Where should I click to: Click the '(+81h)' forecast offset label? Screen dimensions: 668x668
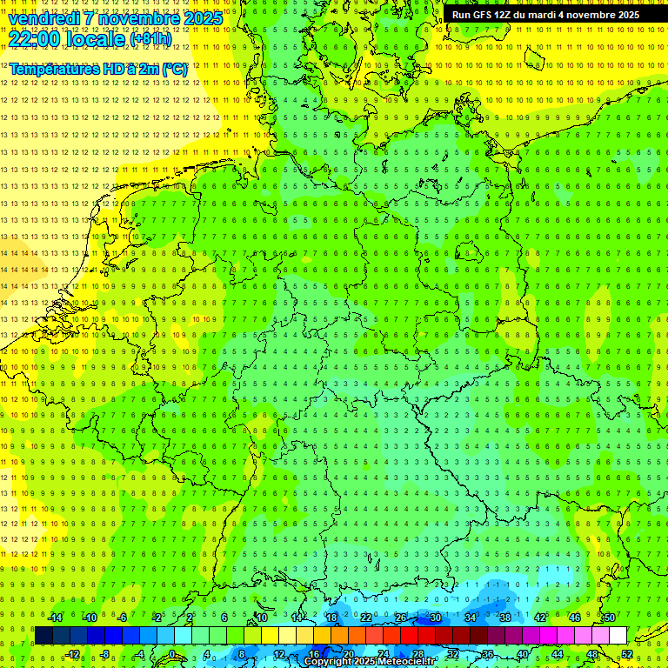click(x=150, y=39)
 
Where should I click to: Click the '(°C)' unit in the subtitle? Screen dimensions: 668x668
click(x=173, y=69)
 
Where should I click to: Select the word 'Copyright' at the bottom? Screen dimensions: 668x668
click(x=329, y=662)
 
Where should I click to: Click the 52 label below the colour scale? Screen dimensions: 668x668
click(x=627, y=654)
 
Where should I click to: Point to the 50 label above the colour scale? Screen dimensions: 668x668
click(x=610, y=618)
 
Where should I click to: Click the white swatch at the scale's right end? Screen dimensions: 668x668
click(x=618, y=636)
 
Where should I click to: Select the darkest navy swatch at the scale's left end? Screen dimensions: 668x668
click(x=44, y=636)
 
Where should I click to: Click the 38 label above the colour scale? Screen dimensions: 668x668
click(x=505, y=618)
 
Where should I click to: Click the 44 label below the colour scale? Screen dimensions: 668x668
click(x=558, y=654)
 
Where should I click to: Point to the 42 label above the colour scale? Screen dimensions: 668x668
click(x=540, y=618)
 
